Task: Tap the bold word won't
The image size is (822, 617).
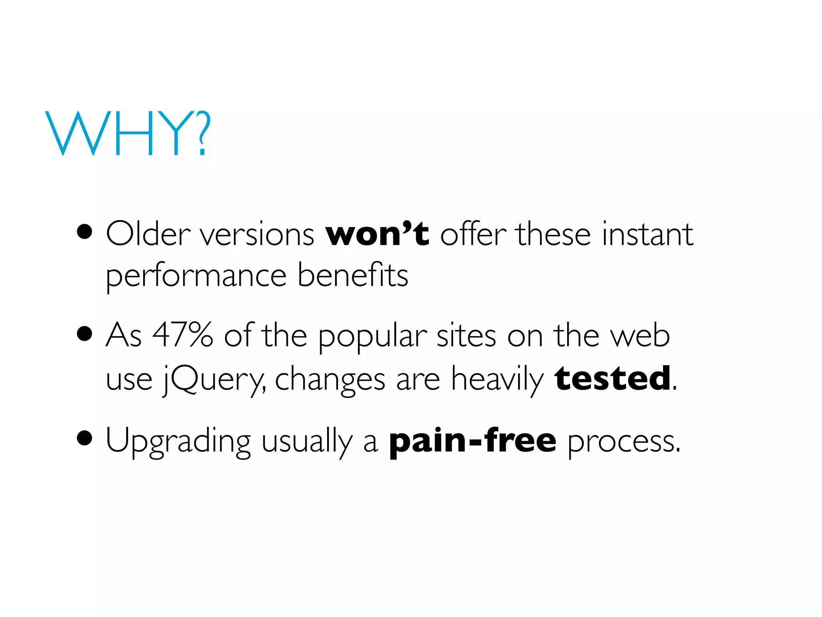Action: pos(377,234)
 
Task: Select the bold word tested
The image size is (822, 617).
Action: pos(612,378)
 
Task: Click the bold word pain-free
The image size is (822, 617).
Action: pos(473,441)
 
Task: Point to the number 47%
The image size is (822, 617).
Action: pos(183,335)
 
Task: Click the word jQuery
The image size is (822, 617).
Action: pos(214,380)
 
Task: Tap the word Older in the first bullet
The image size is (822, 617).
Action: pos(148,234)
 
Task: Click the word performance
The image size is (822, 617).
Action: pos(196,276)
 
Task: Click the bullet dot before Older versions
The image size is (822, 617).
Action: pos(85,232)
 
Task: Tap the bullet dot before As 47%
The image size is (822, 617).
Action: pos(85,333)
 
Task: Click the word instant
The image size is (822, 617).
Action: pos(647,234)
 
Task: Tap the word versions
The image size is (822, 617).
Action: pos(257,235)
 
